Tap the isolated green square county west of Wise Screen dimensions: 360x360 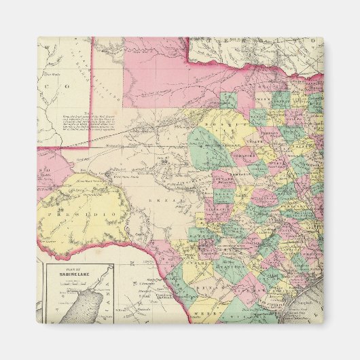[228, 101]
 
